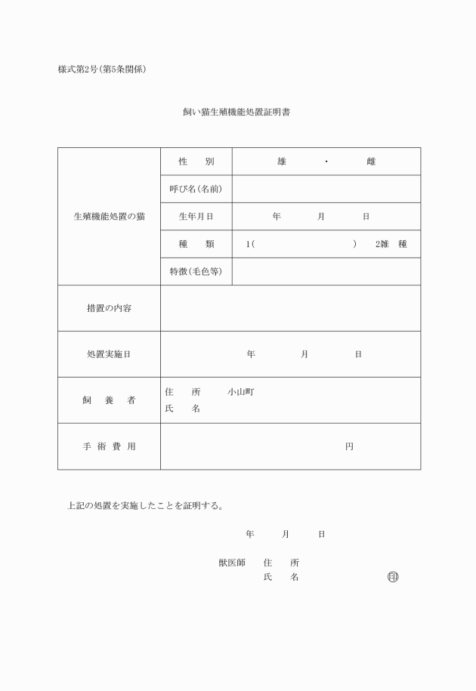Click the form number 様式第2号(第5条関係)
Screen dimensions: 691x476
[x=102, y=69]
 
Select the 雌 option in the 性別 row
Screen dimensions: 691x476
[x=371, y=162]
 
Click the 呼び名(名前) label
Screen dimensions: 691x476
[x=196, y=189]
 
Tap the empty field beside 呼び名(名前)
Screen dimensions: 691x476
[x=326, y=189]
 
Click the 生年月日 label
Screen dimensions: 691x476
[x=196, y=217]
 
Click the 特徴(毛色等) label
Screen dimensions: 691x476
[x=196, y=271]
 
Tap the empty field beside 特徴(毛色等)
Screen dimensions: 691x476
[x=326, y=271]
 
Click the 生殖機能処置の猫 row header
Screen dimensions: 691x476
[x=109, y=217]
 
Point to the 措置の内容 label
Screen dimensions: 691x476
[x=109, y=308]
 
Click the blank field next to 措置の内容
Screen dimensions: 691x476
[x=290, y=308]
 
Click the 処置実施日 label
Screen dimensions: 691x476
[x=109, y=354]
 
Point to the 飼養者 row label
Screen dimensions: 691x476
[x=109, y=400]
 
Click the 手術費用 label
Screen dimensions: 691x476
[x=109, y=446]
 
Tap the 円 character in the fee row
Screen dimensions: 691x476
[x=349, y=446]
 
